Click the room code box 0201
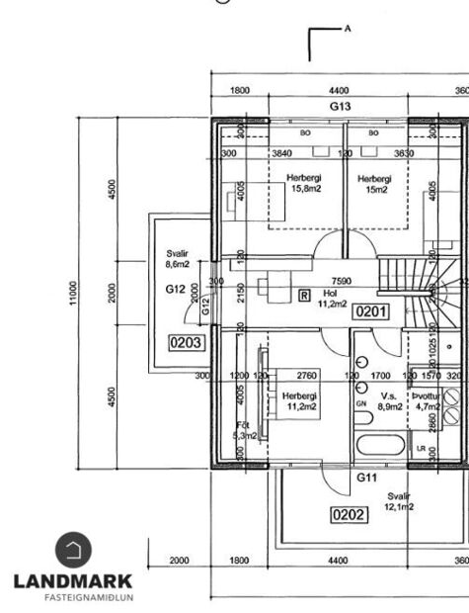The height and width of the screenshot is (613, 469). pos(372,310)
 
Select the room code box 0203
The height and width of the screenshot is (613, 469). pos(187,343)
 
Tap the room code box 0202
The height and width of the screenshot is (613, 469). pos(349,514)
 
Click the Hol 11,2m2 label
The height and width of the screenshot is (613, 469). pos(330,299)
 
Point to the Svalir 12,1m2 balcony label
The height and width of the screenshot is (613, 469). pos(400,501)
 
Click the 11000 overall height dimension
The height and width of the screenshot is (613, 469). pos(73,294)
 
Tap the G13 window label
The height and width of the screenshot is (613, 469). pos(340,106)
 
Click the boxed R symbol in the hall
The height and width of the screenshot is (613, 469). pos(303,295)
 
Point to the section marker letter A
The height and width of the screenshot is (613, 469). pos(348,29)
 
